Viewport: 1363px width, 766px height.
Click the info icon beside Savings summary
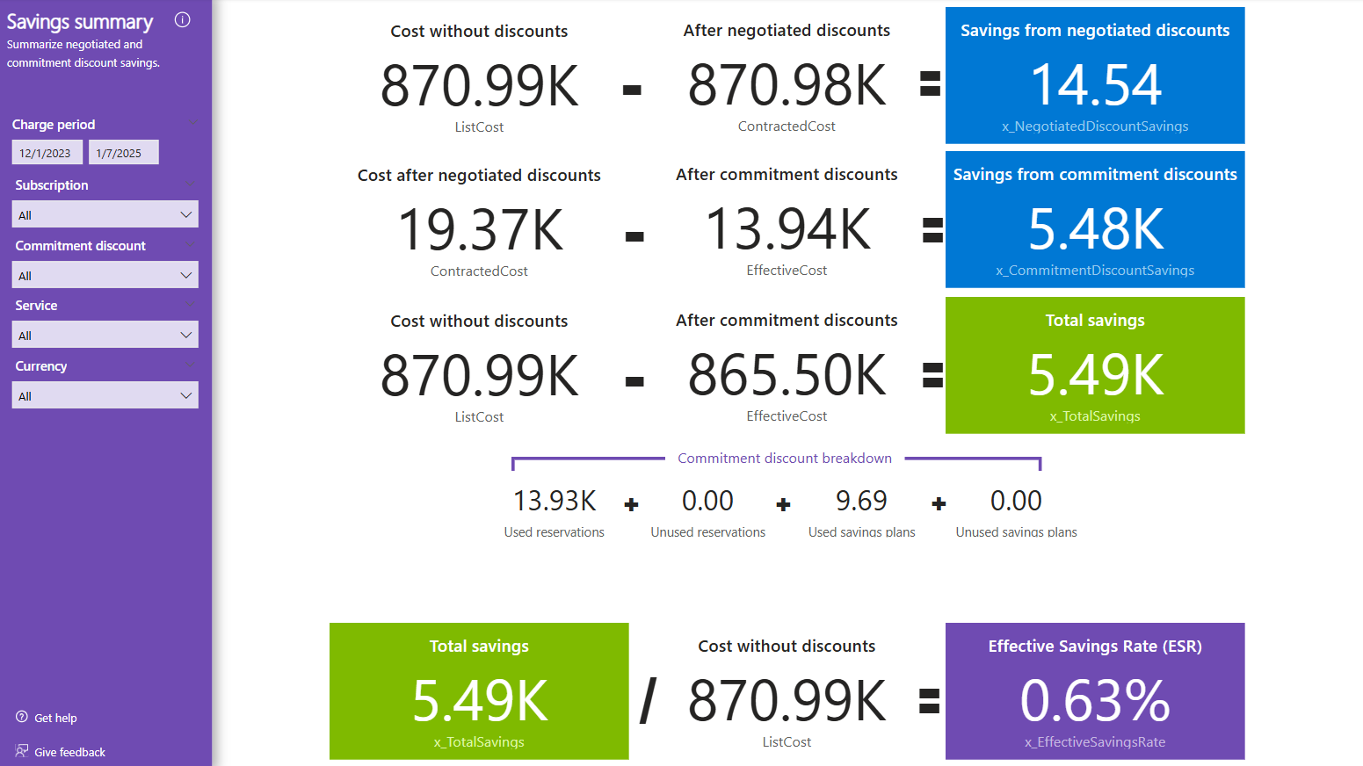coord(183,20)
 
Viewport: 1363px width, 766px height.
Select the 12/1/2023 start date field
coord(47,153)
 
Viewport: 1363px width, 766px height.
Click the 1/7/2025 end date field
coord(123,153)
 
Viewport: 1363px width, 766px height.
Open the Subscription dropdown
coord(105,214)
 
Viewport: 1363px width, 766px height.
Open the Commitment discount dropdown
coord(105,275)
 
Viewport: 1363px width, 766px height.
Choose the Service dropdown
coord(105,335)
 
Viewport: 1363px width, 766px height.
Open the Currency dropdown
coord(105,395)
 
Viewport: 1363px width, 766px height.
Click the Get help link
coord(55,718)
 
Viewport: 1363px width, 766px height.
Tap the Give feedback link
coord(69,752)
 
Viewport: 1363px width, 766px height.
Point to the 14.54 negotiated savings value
coord(1095,85)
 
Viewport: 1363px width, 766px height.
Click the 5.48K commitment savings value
coord(1095,229)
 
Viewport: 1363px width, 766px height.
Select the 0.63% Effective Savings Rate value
coord(1095,701)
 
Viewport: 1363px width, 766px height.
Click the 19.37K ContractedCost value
coord(480,230)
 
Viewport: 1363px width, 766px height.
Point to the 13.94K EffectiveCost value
coord(787,229)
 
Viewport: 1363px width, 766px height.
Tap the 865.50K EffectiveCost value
coord(787,375)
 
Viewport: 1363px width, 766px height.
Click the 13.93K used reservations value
coord(555,501)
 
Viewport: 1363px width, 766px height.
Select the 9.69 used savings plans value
coord(861,501)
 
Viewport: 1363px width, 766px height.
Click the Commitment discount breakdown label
coord(785,459)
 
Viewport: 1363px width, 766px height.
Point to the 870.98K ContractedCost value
coord(787,85)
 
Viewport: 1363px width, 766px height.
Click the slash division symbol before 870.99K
coord(649,701)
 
